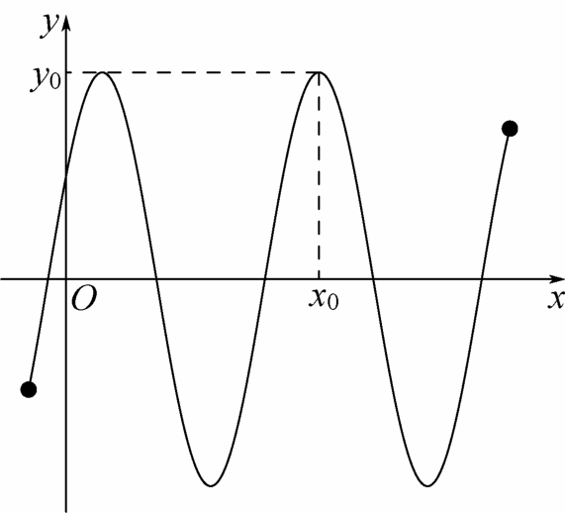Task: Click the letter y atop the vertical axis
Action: [x=49, y=26]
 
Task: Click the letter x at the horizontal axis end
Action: [x=556, y=298]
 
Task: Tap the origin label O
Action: [x=84, y=299]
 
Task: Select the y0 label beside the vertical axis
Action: [x=45, y=79]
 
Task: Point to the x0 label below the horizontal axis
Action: [x=324, y=299]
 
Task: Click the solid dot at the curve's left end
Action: [x=29, y=389]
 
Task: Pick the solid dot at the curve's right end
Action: [x=510, y=129]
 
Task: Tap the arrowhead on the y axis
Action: [x=66, y=25]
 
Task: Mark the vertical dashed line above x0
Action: [x=319, y=175]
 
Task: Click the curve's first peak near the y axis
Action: [x=103, y=73]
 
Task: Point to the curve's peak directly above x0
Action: [x=320, y=73]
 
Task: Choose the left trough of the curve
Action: [x=211, y=485]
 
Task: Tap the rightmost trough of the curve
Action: [x=427, y=485]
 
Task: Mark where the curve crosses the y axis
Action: [x=66, y=176]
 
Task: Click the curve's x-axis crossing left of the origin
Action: [x=47, y=279]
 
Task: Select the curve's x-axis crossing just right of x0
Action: [x=373, y=279]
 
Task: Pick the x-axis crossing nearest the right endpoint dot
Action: [x=482, y=279]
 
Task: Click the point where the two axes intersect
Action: [x=66, y=279]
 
